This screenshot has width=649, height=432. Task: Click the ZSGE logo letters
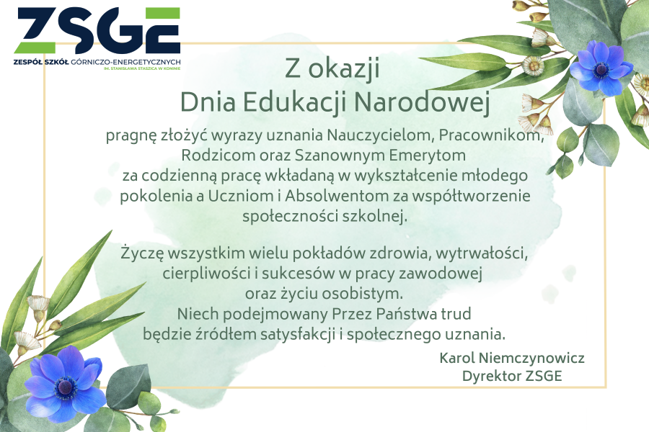97,30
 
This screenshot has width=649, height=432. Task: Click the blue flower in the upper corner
601,68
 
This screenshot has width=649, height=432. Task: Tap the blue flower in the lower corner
66,384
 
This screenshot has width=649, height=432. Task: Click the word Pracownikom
491,135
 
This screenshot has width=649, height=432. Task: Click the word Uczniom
240,196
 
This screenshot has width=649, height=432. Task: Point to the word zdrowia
399,253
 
